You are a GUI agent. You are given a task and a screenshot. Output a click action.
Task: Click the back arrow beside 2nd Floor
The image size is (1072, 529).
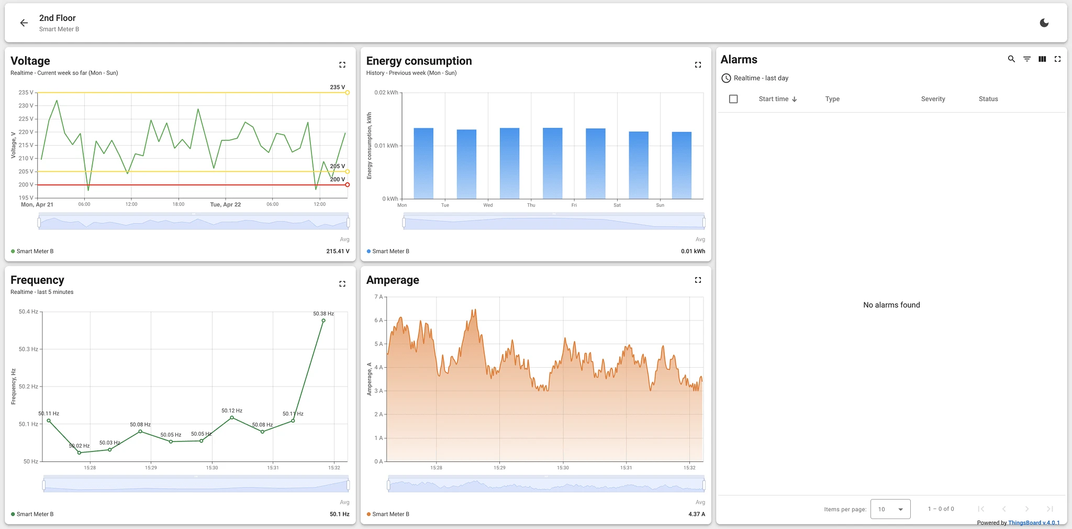[x=24, y=23]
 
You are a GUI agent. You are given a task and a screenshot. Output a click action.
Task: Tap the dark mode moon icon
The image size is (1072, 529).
[x=1044, y=23]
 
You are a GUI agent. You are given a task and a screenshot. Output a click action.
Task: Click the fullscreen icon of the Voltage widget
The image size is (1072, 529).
[x=342, y=65]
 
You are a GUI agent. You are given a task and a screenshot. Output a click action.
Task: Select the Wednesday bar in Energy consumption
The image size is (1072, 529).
[x=509, y=163]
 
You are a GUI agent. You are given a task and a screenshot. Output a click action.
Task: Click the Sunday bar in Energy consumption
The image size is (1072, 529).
[x=682, y=166]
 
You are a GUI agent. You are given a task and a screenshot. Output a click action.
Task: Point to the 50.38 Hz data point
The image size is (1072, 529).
[x=323, y=321]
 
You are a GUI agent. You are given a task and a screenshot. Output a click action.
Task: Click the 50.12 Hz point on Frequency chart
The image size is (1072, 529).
[x=232, y=417]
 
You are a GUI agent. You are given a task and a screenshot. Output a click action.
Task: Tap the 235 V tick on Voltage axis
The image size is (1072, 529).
[x=26, y=93]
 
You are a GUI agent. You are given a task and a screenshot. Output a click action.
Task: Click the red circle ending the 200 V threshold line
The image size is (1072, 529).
[x=348, y=185]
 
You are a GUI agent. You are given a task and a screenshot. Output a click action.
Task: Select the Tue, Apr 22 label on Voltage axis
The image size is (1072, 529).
[x=226, y=205]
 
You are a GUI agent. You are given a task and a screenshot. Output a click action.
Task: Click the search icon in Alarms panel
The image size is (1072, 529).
[x=1011, y=59]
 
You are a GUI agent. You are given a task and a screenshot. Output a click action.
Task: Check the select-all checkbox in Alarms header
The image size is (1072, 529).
[x=733, y=99]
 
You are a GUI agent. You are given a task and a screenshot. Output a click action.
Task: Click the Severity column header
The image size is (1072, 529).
[x=933, y=99]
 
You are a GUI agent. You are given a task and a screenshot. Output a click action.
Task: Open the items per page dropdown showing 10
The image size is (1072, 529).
[x=890, y=509]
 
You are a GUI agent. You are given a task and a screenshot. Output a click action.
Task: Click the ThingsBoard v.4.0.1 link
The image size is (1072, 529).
[x=1034, y=523]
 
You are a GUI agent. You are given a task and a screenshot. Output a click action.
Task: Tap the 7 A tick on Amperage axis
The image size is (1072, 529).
[x=378, y=297]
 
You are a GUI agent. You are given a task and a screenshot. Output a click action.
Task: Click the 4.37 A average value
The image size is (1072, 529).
[x=697, y=514]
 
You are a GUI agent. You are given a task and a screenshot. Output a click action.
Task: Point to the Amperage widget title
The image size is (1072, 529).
[x=393, y=280]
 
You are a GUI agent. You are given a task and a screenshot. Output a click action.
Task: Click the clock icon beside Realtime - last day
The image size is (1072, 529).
[x=726, y=78]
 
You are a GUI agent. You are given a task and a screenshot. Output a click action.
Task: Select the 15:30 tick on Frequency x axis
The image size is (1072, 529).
[x=212, y=468]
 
